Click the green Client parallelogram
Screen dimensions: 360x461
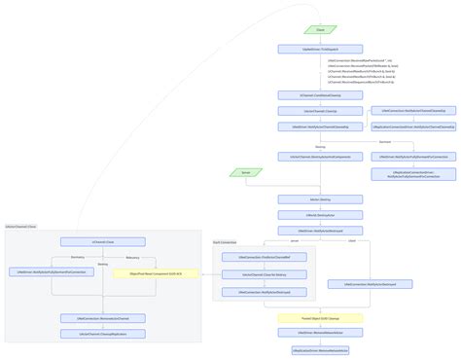coord(321,30)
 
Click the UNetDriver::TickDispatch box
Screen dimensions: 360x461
coord(321,49)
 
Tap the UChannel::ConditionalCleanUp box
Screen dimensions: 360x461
coord(321,95)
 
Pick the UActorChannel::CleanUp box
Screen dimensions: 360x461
coord(321,111)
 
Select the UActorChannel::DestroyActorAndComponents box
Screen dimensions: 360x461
coord(321,156)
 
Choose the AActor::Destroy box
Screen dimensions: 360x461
coord(321,199)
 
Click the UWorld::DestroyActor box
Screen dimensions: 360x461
coord(321,215)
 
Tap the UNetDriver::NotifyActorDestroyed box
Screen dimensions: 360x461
coord(321,231)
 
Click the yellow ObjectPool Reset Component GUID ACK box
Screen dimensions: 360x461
coord(156,274)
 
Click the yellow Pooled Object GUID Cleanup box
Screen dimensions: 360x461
coord(321,318)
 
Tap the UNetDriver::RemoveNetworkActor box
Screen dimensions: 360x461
coord(321,334)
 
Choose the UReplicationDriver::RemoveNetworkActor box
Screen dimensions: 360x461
coord(321,349)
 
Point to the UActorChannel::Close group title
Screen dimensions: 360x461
coord(21,226)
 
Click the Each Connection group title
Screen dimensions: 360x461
coord(225,241)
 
